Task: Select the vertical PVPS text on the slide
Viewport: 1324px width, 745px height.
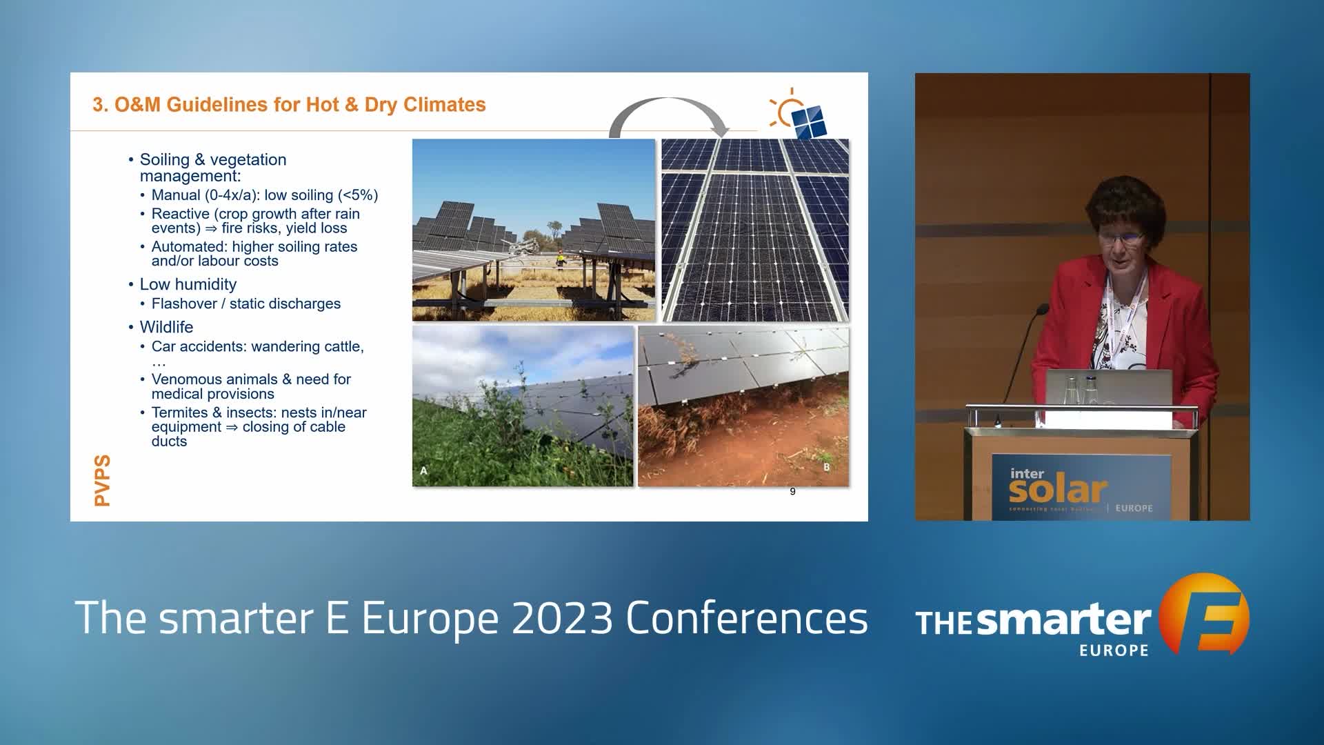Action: pyautogui.click(x=102, y=480)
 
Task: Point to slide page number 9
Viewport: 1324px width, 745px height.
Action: pyautogui.click(x=792, y=492)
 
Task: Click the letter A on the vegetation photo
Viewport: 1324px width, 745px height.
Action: pyautogui.click(x=423, y=471)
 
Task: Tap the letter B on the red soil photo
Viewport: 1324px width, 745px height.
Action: pyautogui.click(x=827, y=467)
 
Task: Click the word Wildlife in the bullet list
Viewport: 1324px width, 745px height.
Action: pyautogui.click(x=166, y=327)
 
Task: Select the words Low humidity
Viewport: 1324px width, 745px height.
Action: pyautogui.click(x=188, y=284)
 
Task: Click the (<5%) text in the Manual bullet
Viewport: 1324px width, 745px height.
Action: pyautogui.click(x=358, y=195)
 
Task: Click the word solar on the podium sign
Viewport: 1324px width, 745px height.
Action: pyautogui.click(x=1058, y=490)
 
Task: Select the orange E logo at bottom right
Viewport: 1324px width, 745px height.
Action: pyautogui.click(x=1203, y=614)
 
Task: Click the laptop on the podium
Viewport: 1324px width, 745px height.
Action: pyautogui.click(x=1109, y=388)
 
